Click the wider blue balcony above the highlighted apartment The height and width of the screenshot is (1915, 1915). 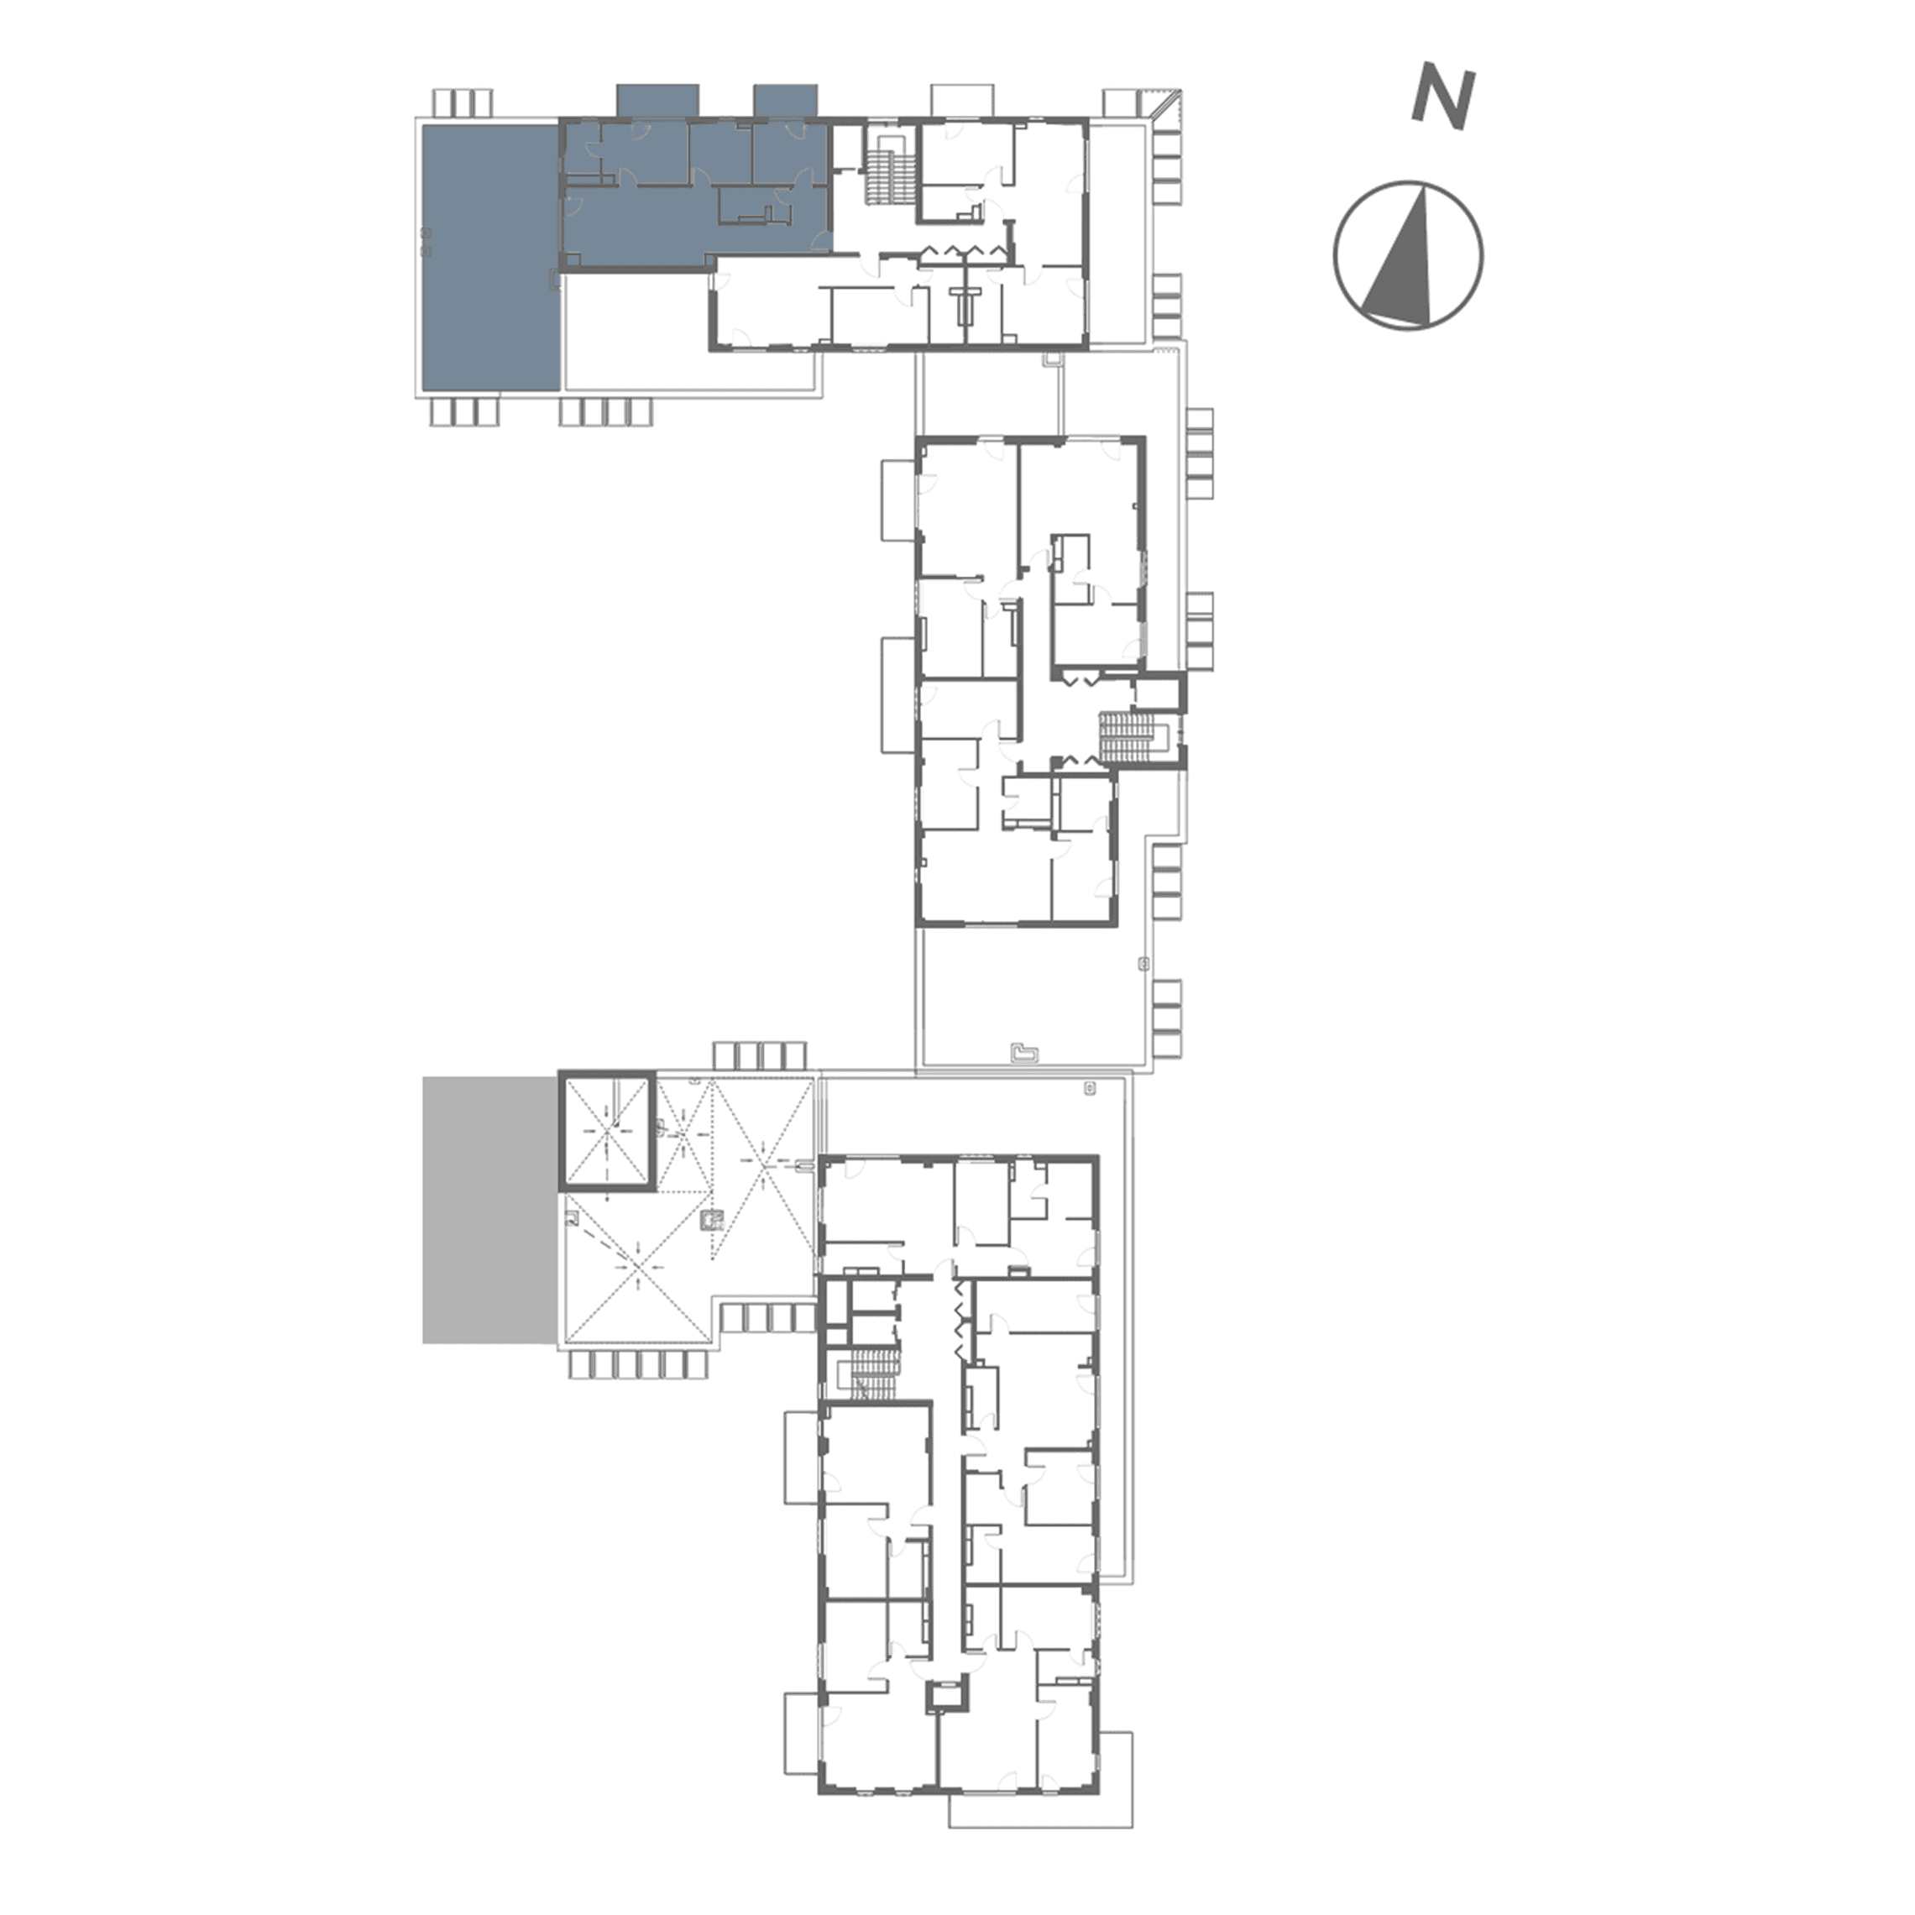pos(657,101)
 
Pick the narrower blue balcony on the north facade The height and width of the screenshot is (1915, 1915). pos(785,101)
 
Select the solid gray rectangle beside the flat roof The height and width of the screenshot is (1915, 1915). pos(489,1211)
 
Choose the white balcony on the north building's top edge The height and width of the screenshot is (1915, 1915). pos(960,101)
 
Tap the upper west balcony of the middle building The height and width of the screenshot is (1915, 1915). pos(898,501)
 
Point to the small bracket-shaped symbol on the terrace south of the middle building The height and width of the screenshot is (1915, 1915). pos(1022,1054)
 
